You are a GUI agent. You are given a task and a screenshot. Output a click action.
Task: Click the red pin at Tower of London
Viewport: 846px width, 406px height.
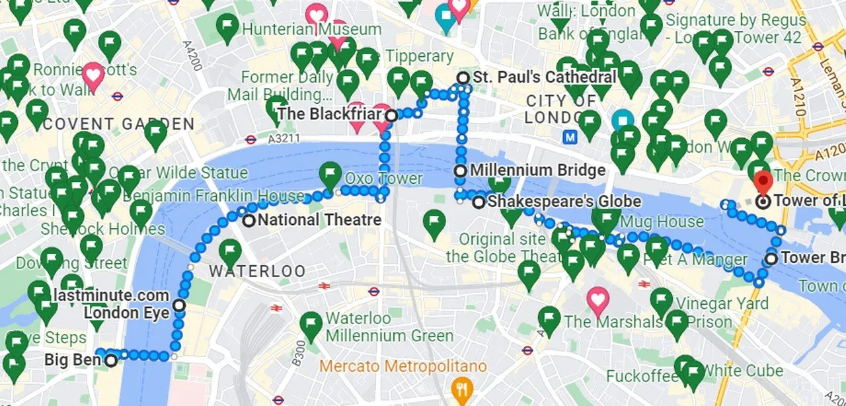tap(763, 182)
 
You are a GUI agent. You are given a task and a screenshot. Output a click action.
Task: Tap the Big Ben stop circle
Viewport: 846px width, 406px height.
tap(111, 360)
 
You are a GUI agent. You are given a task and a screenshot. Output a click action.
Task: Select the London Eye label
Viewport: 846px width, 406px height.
tap(127, 313)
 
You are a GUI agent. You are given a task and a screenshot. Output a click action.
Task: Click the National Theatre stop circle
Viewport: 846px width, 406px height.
tap(249, 221)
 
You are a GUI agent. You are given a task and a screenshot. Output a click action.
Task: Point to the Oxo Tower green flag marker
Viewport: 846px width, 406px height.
tap(330, 175)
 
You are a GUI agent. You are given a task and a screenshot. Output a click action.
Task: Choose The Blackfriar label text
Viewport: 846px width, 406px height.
tap(329, 114)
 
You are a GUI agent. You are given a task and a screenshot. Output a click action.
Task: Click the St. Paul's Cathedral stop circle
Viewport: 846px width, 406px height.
tap(463, 78)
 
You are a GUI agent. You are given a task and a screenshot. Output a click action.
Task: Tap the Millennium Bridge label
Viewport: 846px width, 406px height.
tap(537, 171)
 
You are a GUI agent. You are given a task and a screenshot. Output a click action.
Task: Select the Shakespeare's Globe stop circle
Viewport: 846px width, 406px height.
tap(479, 202)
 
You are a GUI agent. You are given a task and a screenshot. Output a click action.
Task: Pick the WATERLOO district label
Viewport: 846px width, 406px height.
tap(258, 271)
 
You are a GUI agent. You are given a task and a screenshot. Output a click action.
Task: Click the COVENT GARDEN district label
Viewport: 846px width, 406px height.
tap(120, 124)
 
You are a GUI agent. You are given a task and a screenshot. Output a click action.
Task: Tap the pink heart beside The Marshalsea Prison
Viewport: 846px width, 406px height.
tap(597, 300)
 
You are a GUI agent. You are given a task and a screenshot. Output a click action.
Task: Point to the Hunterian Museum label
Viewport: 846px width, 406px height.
tap(311, 29)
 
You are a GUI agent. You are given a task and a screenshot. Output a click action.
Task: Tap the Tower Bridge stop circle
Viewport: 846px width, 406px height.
tap(771, 259)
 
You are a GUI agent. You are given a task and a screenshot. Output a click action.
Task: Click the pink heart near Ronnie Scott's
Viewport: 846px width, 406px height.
tap(93, 75)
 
